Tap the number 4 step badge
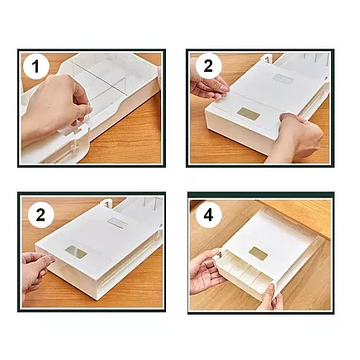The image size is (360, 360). (206, 216)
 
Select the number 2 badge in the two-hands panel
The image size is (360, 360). (206, 66)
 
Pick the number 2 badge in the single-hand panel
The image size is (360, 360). (36, 216)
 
